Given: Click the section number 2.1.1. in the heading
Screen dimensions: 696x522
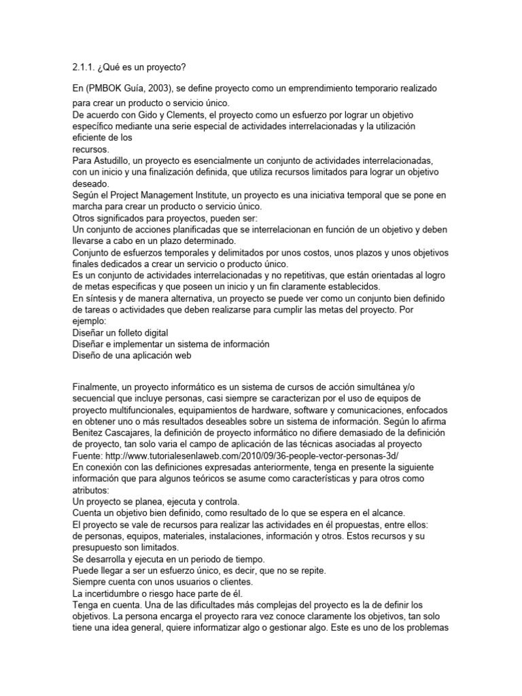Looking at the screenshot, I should (x=84, y=67).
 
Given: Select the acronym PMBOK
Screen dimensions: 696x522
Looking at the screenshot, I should (x=107, y=89).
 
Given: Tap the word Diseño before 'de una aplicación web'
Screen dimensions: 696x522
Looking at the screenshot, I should (x=89, y=355).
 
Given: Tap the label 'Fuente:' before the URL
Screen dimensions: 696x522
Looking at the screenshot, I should (x=90, y=456).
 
